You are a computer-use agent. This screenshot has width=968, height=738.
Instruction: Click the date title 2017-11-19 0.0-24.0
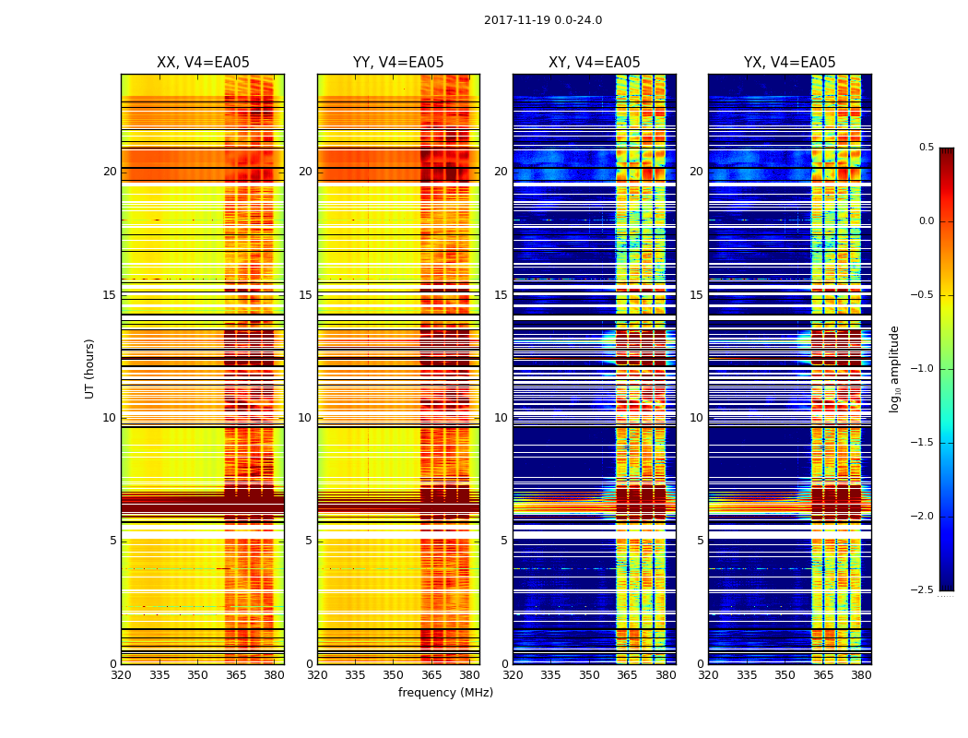click(542, 20)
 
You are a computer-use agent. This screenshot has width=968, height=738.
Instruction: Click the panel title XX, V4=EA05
click(203, 63)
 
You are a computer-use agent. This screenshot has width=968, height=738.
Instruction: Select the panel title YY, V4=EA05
click(398, 63)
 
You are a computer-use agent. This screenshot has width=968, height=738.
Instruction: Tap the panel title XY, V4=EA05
click(594, 63)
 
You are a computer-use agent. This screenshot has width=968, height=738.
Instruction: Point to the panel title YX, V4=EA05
click(789, 63)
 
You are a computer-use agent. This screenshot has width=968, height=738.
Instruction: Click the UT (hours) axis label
click(90, 368)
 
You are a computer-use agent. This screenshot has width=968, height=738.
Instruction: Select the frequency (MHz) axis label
click(445, 693)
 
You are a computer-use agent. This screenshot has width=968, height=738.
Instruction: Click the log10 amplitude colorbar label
click(894, 369)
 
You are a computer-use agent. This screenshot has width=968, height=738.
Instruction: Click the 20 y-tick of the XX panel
click(110, 172)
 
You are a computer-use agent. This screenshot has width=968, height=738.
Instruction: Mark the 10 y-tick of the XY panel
click(502, 418)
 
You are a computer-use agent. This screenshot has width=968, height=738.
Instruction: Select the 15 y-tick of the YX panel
click(697, 295)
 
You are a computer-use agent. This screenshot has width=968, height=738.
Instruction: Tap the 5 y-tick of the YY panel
click(309, 541)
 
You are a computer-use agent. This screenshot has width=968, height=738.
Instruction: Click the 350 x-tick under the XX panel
click(197, 675)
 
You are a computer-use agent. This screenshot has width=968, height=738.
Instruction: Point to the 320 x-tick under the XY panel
click(513, 675)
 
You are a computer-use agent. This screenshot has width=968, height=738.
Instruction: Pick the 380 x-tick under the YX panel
click(861, 675)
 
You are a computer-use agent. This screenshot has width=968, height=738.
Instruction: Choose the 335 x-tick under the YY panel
click(355, 675)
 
